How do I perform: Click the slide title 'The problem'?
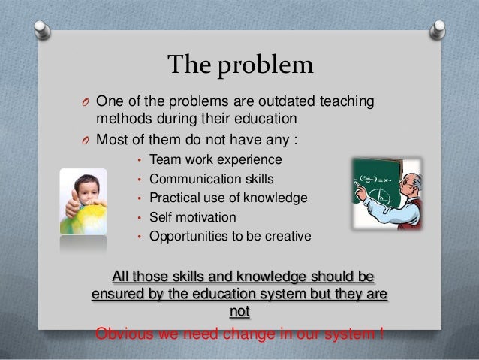click(x=239, y=67)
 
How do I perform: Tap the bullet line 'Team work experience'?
click(x=215, y=159)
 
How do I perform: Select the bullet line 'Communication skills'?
click(x=212, y=179)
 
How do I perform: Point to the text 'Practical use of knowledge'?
click(x=228, y=198)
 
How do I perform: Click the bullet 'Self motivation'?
click(x=193, y=218)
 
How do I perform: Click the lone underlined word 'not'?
click(x=239, y=312)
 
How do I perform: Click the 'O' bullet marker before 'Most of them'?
click(x=86, y=140)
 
